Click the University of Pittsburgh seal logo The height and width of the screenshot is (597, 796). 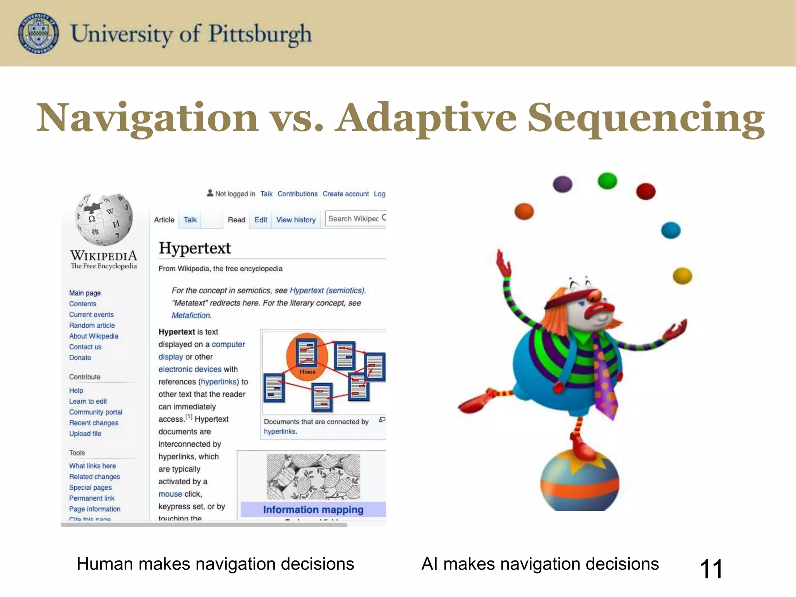tap(38, 33)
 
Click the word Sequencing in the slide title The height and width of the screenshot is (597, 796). tap(646, 118)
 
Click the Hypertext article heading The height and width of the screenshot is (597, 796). tap(195, 248)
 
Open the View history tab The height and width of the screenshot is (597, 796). tap(296, 220)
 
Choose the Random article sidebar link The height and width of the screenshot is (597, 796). tap(92, 325)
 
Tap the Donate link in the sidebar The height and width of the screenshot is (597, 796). tap(80, 358)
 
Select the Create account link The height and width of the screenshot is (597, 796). tap(346, 194)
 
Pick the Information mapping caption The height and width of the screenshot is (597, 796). tap(313, 510)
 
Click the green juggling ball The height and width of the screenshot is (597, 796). tap(607, 181)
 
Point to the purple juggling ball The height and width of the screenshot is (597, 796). tap(562, 184)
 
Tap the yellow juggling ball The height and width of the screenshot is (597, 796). tap(682, 276)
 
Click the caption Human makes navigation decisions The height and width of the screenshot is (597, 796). tap(215, 564)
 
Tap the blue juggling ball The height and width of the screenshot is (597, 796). tap(671, 230)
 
